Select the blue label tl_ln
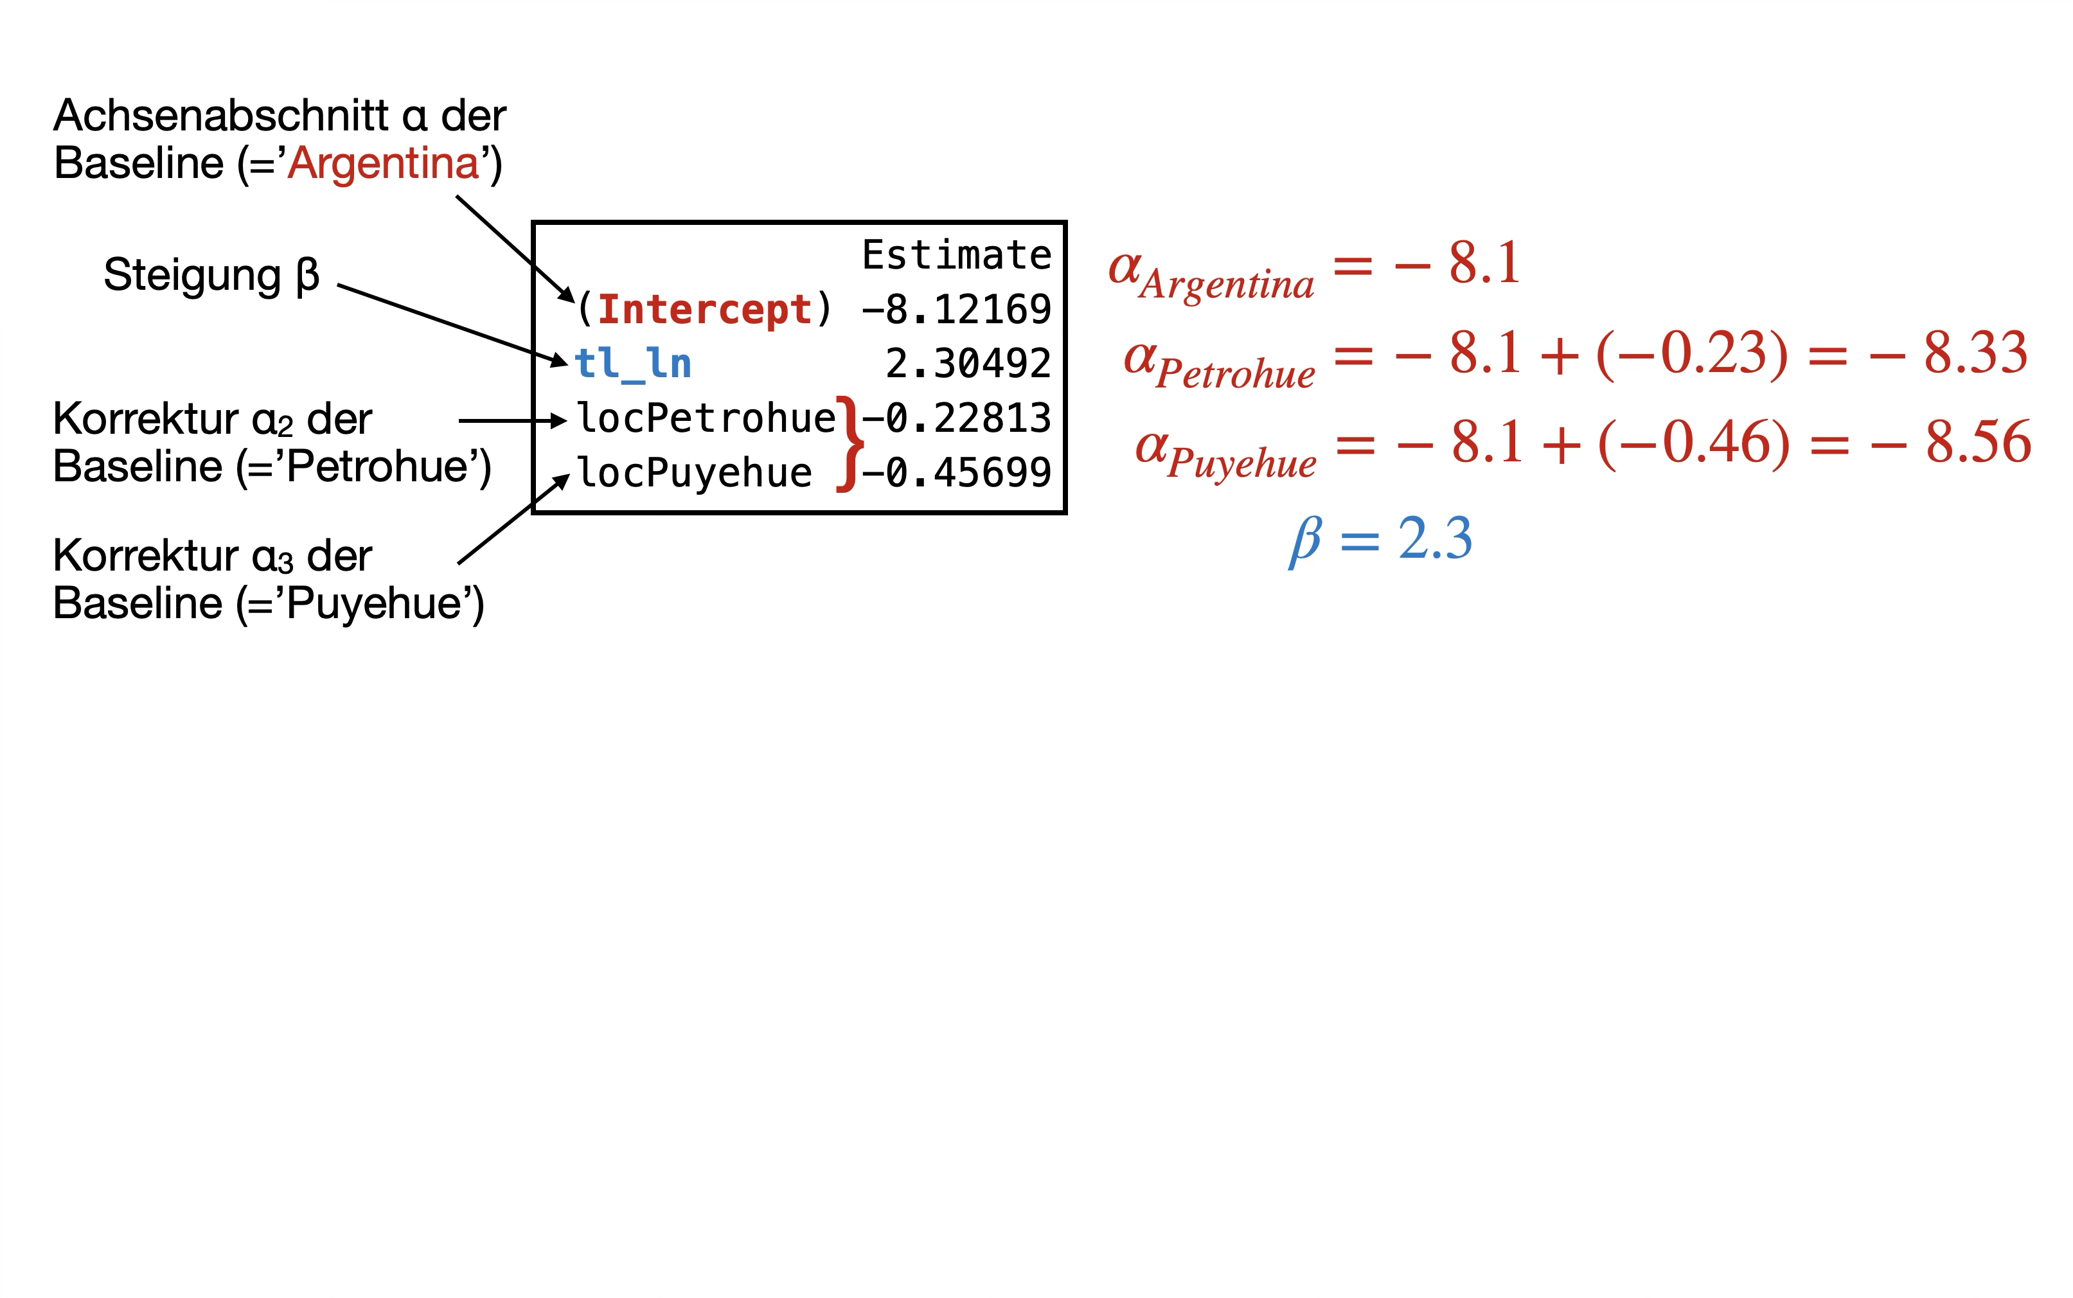click(632, 364)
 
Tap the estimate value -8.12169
click(956, 310)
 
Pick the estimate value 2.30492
click(968, 364)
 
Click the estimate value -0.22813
click(956, 419)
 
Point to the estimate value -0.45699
click(956, 473)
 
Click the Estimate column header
click(956, 255)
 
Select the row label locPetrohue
click(706, 419)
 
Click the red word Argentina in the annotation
click(383, 163)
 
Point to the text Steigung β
click(211, 275)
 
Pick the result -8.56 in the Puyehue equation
click(1951, 442)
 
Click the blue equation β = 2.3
click(1381, 539)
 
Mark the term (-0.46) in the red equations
click(1695, 442)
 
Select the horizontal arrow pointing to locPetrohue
click(512, 421)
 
